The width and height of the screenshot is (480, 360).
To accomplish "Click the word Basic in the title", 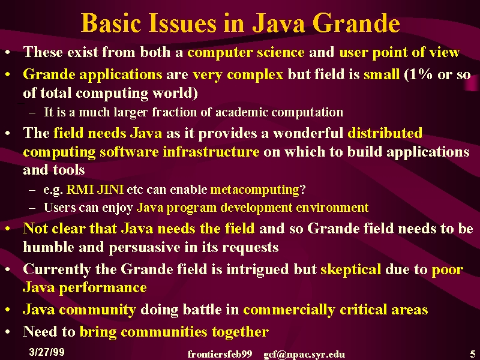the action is [x=111, y=23].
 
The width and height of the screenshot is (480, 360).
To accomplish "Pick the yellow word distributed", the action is [x=385, y=133].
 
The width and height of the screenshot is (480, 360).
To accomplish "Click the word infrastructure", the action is [x=211, y=152].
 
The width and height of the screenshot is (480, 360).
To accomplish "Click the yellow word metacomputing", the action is [x=254, y=190].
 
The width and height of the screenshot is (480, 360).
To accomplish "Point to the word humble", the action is [x=49, y=247].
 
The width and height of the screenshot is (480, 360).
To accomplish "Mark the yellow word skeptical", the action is [x=350, y=269].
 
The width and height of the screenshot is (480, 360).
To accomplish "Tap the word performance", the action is [x=103, y=288].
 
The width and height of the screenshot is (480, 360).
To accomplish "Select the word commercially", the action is [x=289, y=310].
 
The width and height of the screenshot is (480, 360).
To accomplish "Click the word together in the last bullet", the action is [x=241, y=332].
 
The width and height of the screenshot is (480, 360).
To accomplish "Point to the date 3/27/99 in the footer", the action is [x=47, y=352].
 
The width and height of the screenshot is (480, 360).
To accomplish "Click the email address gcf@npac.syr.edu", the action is [x=304, y=355].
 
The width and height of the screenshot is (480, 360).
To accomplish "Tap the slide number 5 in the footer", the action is [x=473, y=353].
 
